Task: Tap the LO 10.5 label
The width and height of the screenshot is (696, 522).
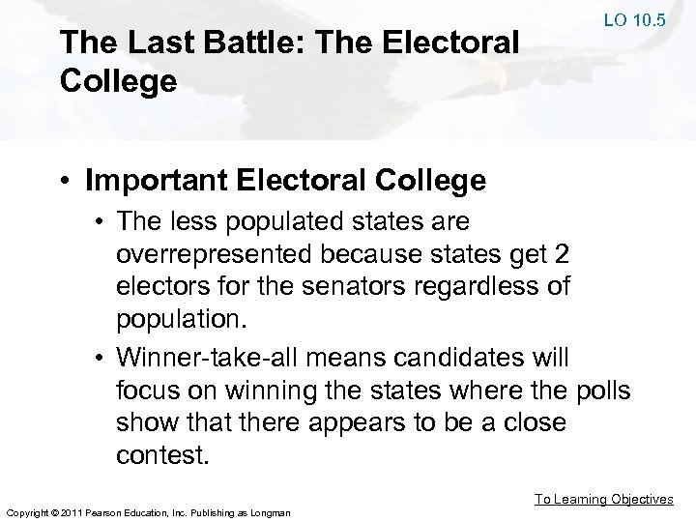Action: tap(634, 18)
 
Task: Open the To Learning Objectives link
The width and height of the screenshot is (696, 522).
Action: tap(604, 499)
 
